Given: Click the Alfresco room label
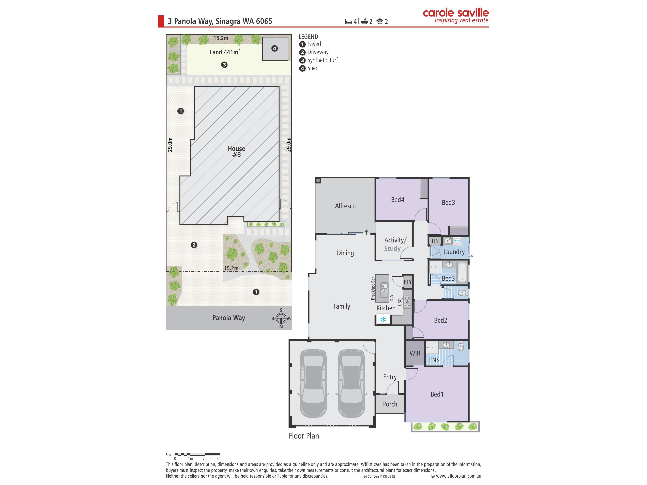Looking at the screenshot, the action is tap(345, 206).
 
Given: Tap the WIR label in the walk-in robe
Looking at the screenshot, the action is tap(415, 353).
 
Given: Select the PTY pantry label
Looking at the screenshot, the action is tap(407, 282).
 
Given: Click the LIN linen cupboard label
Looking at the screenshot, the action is tap(435, 241).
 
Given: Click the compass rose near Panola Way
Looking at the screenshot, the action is tap(281, 318).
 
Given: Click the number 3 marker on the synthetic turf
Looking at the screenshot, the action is tap(224, 65).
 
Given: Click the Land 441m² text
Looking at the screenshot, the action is tap(225, 52).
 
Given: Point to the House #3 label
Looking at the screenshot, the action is tap(236, 151).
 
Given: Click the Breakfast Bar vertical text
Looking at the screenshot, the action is tap(373, 288).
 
